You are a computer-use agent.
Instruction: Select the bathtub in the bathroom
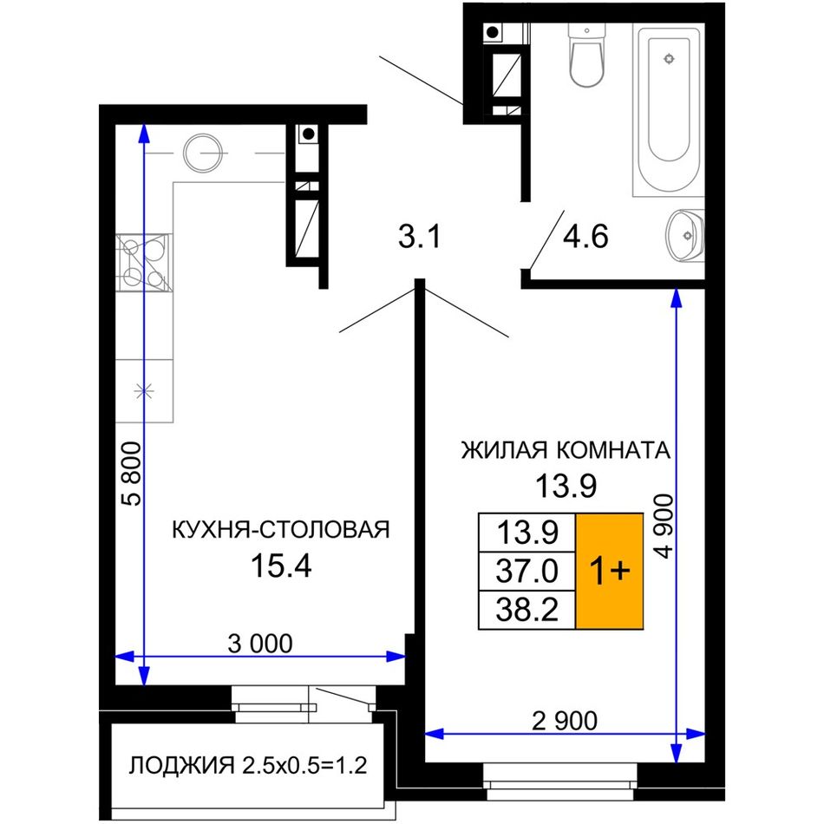coord(669,110)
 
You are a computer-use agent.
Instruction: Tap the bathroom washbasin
coord(684,235)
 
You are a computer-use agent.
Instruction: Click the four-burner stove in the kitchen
coord(143,262)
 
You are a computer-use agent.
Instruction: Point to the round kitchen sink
coord(202,153)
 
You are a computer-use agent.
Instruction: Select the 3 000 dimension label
coord(260,644)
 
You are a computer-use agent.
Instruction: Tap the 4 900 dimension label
coord(664,526)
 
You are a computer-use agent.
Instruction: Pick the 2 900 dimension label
coord(565,721)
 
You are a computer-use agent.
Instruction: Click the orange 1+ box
coord(610,571)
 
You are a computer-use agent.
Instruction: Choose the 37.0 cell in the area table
coord(527,571)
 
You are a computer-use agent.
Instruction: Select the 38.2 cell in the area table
coord(527,610)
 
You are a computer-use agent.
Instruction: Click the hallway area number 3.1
coord(419,237)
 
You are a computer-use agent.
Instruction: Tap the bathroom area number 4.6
coord(585,237)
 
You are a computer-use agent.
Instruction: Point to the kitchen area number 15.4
coord(282,566)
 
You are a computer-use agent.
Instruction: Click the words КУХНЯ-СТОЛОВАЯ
coord(281,530)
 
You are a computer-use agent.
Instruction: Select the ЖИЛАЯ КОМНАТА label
coord(566,450)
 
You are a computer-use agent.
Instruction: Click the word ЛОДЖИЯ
coord(182,766)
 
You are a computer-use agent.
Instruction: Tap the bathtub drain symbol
coord(669,58)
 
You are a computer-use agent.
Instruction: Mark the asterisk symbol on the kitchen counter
coord(143,390)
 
